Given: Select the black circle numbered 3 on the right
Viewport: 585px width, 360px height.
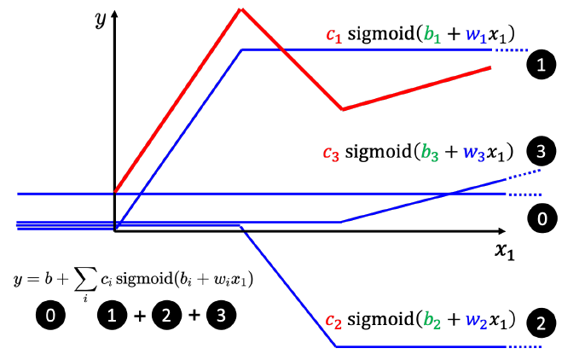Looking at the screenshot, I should tap(542, 152).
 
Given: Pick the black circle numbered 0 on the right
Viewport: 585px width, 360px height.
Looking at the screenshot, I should tap(542, 220).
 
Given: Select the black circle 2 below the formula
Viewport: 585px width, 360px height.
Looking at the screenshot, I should tap(165, 316).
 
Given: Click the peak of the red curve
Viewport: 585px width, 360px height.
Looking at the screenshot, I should tap(241, 9).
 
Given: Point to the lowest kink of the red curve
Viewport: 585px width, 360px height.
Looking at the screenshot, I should tap(342, 109).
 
